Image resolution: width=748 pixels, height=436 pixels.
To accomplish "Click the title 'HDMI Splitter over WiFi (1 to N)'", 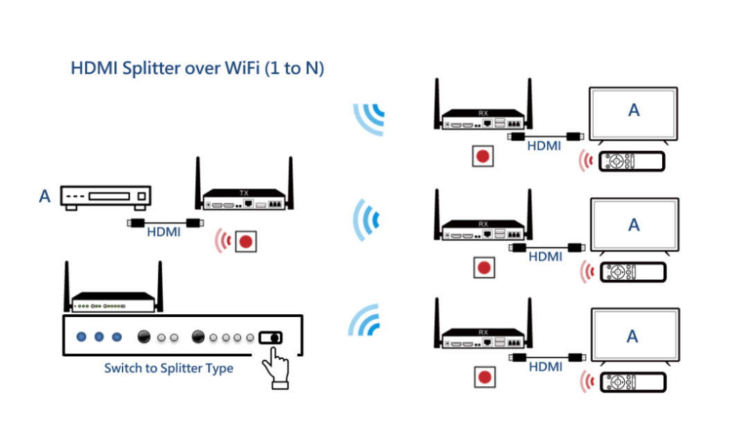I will coord(197,69).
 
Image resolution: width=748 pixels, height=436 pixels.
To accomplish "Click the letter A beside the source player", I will coord(45,197).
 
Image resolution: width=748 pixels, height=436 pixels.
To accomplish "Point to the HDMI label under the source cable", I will coord(164,233).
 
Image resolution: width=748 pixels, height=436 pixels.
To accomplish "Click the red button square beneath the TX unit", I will coord(245,242).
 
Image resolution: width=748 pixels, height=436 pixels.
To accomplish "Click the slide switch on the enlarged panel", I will coord(271,338).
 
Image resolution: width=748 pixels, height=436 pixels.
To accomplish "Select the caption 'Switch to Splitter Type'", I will coord(168,368).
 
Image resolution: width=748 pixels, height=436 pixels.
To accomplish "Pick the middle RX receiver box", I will coord(483,230).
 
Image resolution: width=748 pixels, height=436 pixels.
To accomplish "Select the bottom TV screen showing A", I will coord(633,336).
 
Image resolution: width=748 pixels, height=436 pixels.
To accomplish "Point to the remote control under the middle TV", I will coord(632,272).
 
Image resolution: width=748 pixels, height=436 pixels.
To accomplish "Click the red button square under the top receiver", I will coord(483,156).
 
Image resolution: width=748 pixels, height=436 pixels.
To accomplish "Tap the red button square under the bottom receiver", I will coord(484,377).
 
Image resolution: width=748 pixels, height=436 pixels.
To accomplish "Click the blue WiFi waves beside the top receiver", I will coord(370,119).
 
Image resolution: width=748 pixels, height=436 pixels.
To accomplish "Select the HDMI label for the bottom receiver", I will coord(545,367).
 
